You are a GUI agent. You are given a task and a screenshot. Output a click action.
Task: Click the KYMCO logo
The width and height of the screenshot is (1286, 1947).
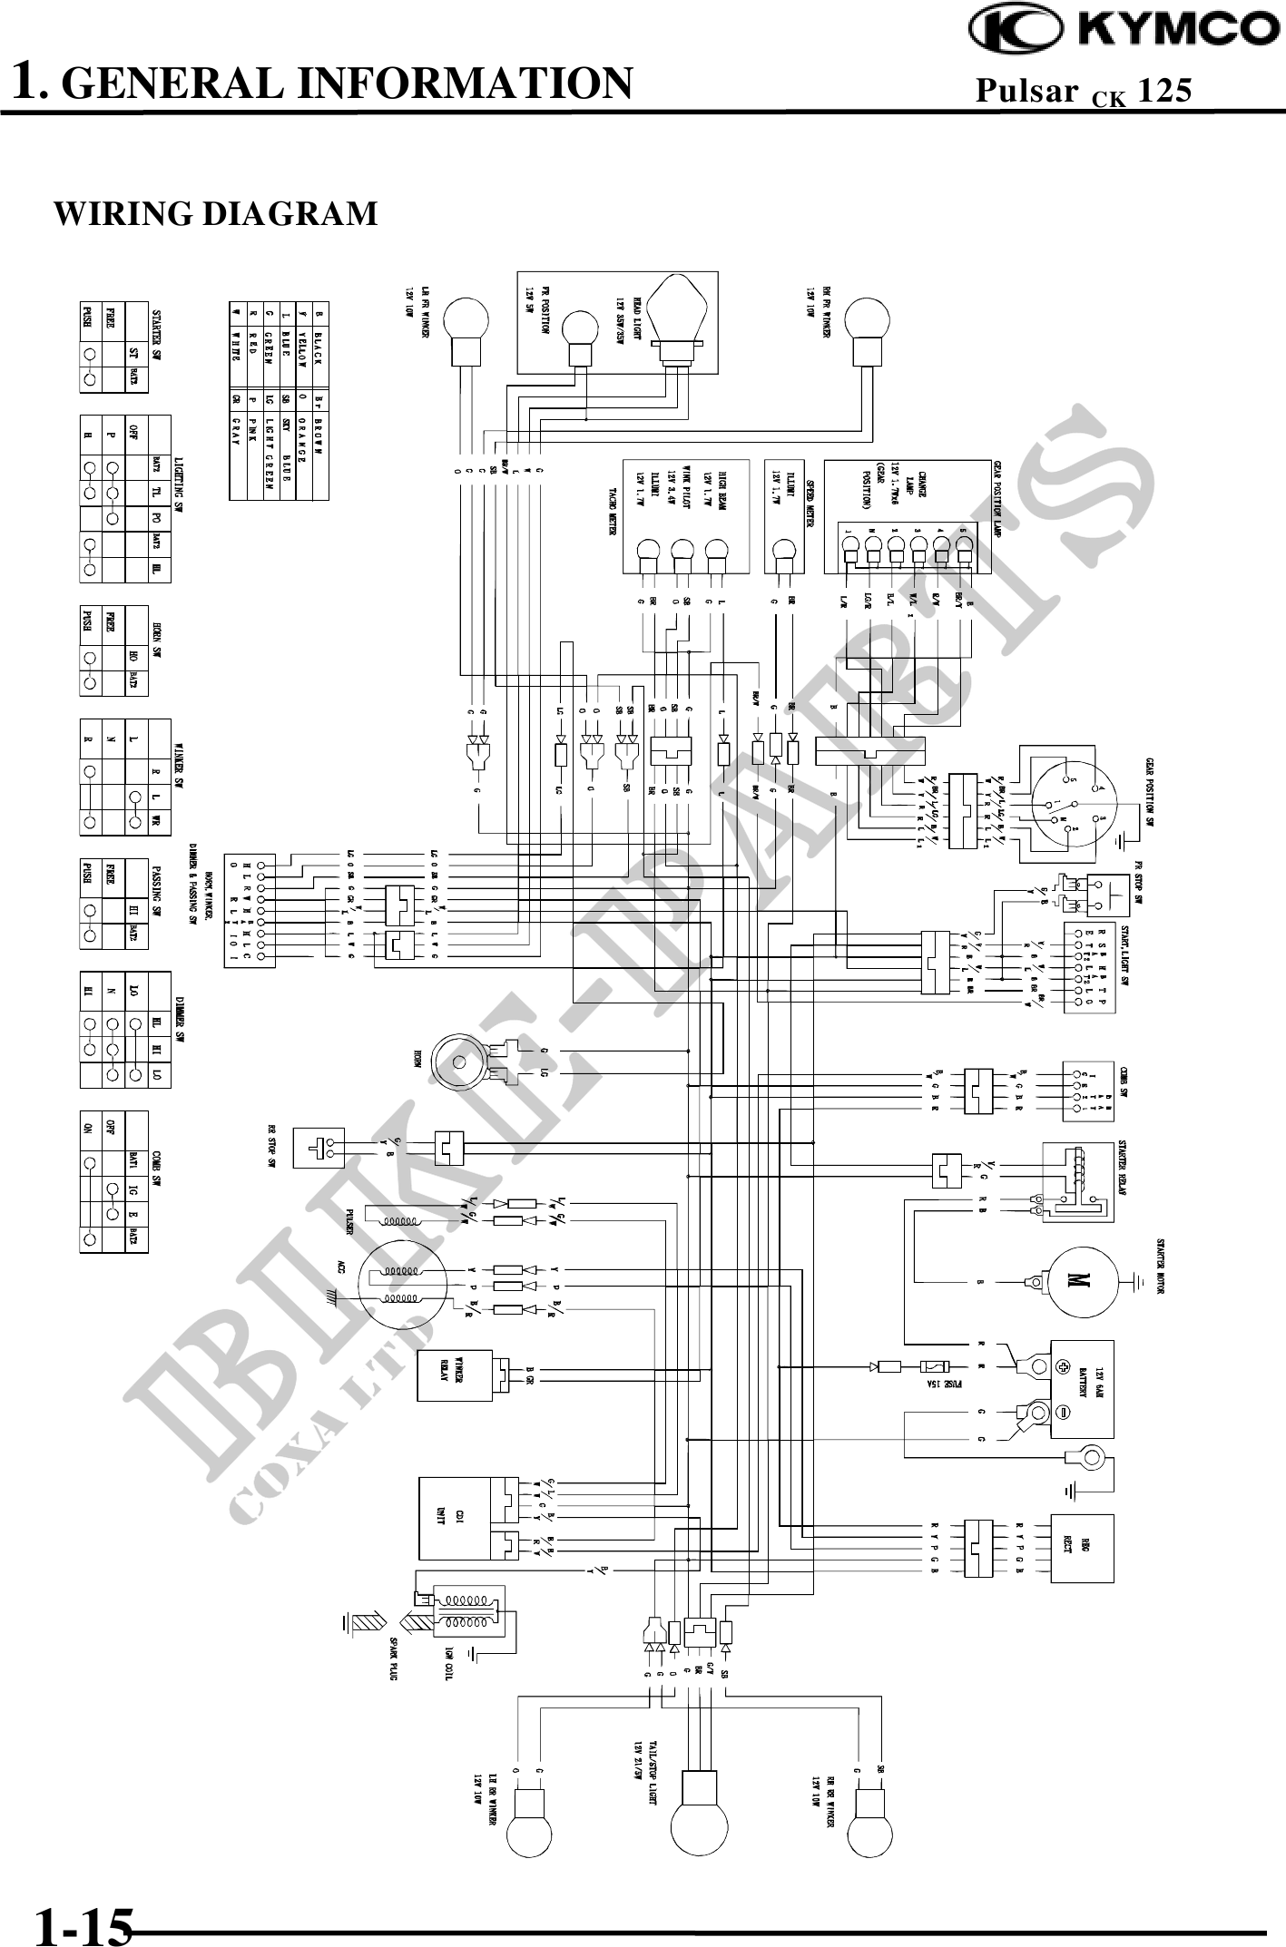pyautogui.click(x=1124, y=29)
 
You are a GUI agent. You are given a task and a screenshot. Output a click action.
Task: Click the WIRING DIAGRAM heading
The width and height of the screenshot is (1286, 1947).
pyautogui.click(x=216, y=214)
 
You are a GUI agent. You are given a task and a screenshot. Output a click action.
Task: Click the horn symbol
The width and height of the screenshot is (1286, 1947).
pyautogui.click(x=463, y=1062)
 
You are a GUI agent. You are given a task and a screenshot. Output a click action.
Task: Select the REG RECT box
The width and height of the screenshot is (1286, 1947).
pyautogui.click(x=1081, y=1548)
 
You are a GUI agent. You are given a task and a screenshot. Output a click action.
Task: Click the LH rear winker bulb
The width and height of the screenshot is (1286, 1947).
pyautogui.click(x=529, y=1824)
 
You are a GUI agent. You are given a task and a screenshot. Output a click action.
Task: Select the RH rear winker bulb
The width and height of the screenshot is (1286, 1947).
pyautogui.click(x=868, y=1824)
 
